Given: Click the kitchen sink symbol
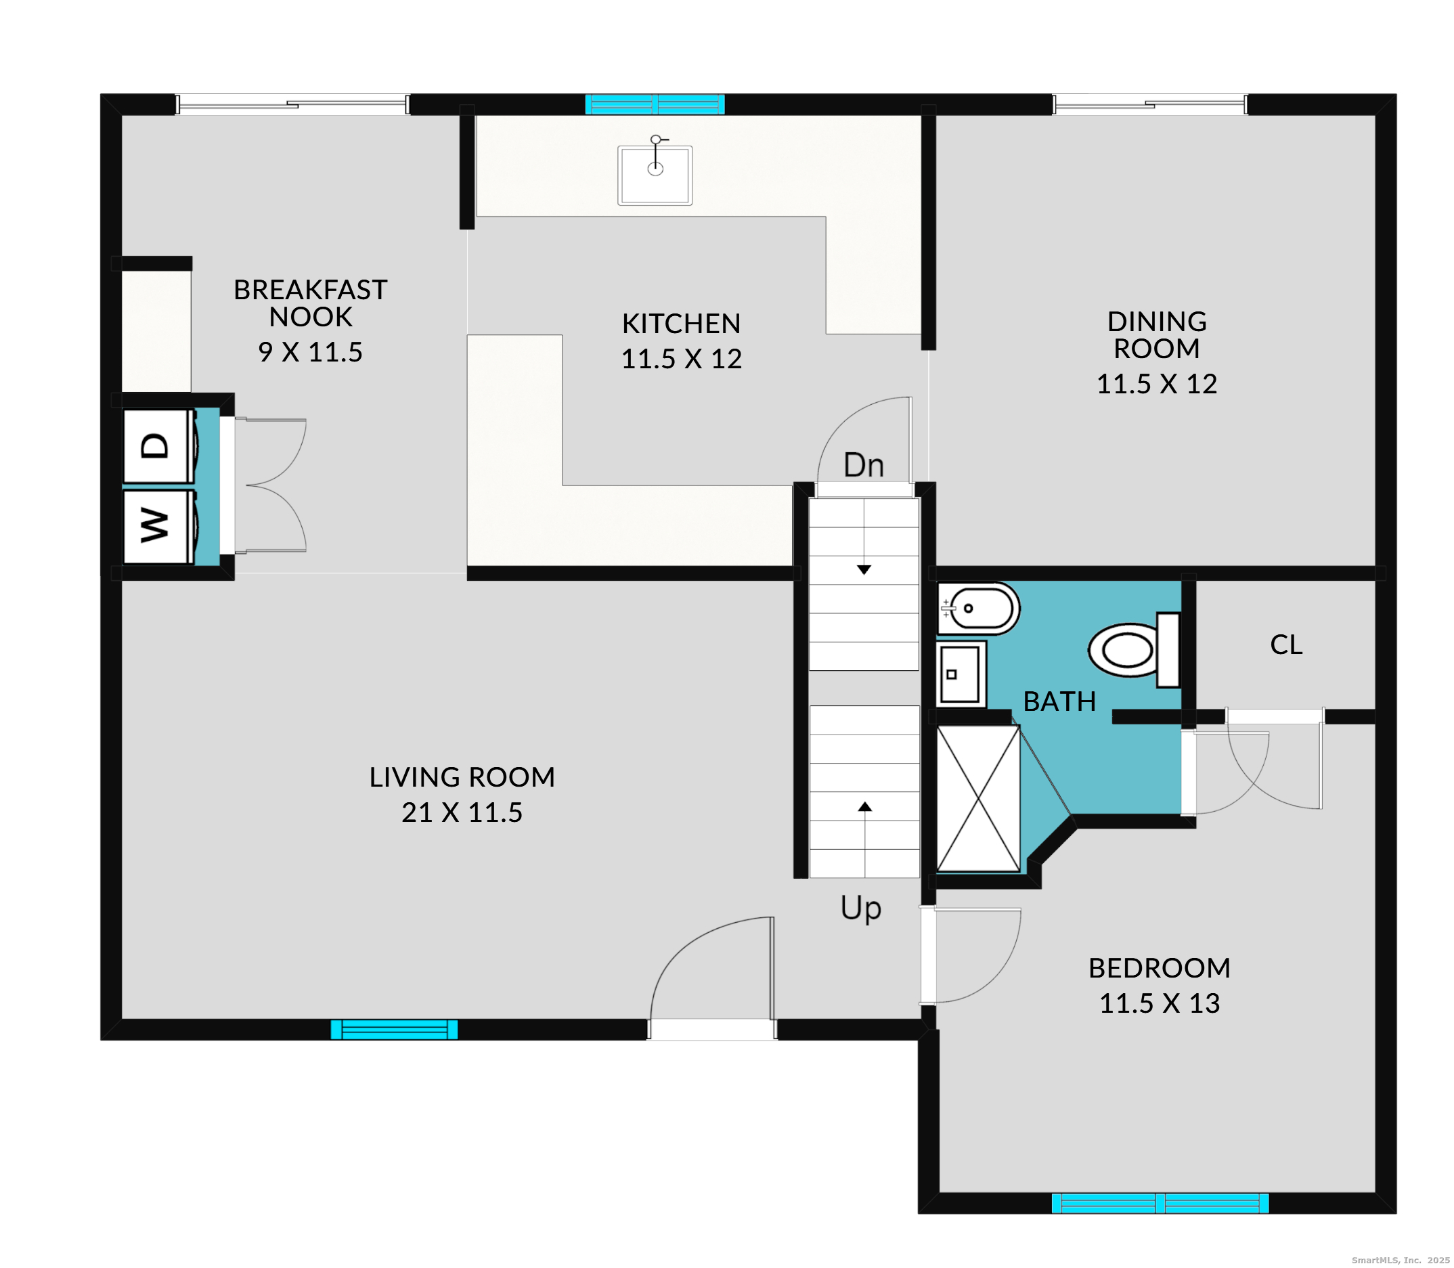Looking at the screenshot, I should (x=655, y=175).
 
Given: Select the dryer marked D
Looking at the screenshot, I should (x=157, y=445).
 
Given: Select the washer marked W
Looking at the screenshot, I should (x=157, y=526).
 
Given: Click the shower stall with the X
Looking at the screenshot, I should (x=978, y=798).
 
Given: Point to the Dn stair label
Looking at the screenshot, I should (x=863, y=465).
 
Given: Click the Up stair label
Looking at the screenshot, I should (x=860, y=907).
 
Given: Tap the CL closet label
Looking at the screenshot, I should (x=1285, y=644).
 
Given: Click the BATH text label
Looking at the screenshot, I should (x=1059, y=701).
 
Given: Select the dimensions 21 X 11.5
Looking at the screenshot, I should (x=462, y=812).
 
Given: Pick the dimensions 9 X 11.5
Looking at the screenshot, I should (x=310, y=351).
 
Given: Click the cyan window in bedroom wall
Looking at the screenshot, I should (x=1159, y=1202).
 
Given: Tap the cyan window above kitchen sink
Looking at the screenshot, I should (x=655, y=104).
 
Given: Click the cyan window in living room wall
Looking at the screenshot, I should (x=394, y=1029).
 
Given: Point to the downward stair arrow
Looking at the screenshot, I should (x=864, y=569).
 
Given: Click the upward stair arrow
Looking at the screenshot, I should (x=864, y=807).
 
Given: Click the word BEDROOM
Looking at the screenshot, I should (x=1159, y=967).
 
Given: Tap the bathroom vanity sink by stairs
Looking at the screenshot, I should (x=959, y=674).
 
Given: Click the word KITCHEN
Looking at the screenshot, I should (x=681, y=324).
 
